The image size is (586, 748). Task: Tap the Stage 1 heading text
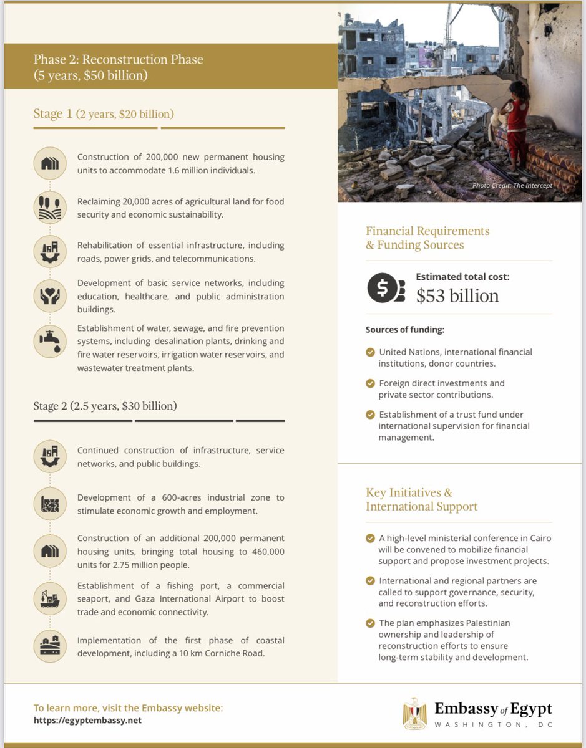[x=104, y=114]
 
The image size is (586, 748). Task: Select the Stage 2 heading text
[x=105, y=406]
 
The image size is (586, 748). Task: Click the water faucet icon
[x=49, y=340]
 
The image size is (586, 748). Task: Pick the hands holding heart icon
[x=49, y=296]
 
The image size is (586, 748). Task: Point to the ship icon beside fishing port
[x=49, y=598]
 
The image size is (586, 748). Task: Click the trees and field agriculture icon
[x=49, y=208]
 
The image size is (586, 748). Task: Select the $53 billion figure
[x=457, y=295]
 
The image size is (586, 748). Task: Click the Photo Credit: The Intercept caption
[x=512, y=186]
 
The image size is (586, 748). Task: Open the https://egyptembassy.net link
[x=87, y=721]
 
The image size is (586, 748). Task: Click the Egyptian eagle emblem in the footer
[x=415, y=712]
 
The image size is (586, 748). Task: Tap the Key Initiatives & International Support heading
[x=421, y=499]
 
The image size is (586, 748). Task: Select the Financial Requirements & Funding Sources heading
[x=427, y=237]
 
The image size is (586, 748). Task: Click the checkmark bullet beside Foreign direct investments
[x=370, y=383]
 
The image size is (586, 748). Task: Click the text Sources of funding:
[x=404, y=330]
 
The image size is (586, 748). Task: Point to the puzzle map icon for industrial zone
[x=49, y=503]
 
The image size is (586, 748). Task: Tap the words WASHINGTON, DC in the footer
[x=493, y=725]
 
